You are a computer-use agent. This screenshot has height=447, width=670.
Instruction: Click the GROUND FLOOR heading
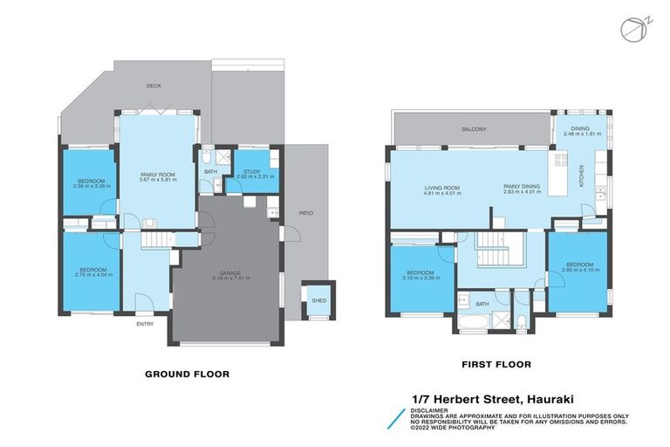pos(187,374)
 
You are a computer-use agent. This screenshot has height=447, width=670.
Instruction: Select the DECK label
pos(154,86)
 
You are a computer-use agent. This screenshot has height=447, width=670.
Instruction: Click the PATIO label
pos(304,213)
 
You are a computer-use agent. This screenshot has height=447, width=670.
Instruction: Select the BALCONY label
pos(474,129)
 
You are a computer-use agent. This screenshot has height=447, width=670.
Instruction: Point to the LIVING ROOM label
pos(442,187)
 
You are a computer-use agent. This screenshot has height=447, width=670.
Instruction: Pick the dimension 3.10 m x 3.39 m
pos(420,278)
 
